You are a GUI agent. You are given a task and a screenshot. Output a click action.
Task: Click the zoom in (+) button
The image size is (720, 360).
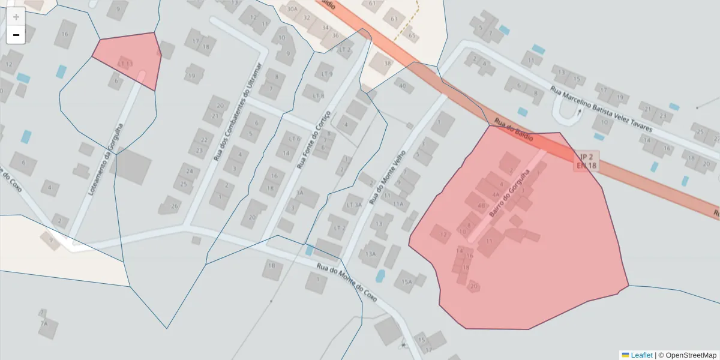click(x=16, y=17)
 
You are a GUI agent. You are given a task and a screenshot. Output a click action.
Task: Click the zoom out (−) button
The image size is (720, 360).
click(x=16, y=35)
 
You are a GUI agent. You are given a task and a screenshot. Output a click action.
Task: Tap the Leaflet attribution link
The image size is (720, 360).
click(x=637, y=355)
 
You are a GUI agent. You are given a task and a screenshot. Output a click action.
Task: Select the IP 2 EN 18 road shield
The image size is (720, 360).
click(x=586, y=160)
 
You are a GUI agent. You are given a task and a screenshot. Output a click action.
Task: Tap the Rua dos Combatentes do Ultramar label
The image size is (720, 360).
click(x=238, y=112)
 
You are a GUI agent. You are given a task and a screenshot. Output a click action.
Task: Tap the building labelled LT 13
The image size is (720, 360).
click(x=125, y=64)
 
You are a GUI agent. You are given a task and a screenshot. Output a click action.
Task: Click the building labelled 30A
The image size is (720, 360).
click(x=292, y=10)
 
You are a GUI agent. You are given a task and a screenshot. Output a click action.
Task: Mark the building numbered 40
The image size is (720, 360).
click(x=402, y=86)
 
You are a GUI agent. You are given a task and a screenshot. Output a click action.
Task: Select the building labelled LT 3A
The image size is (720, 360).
click(x=354, y=205)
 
